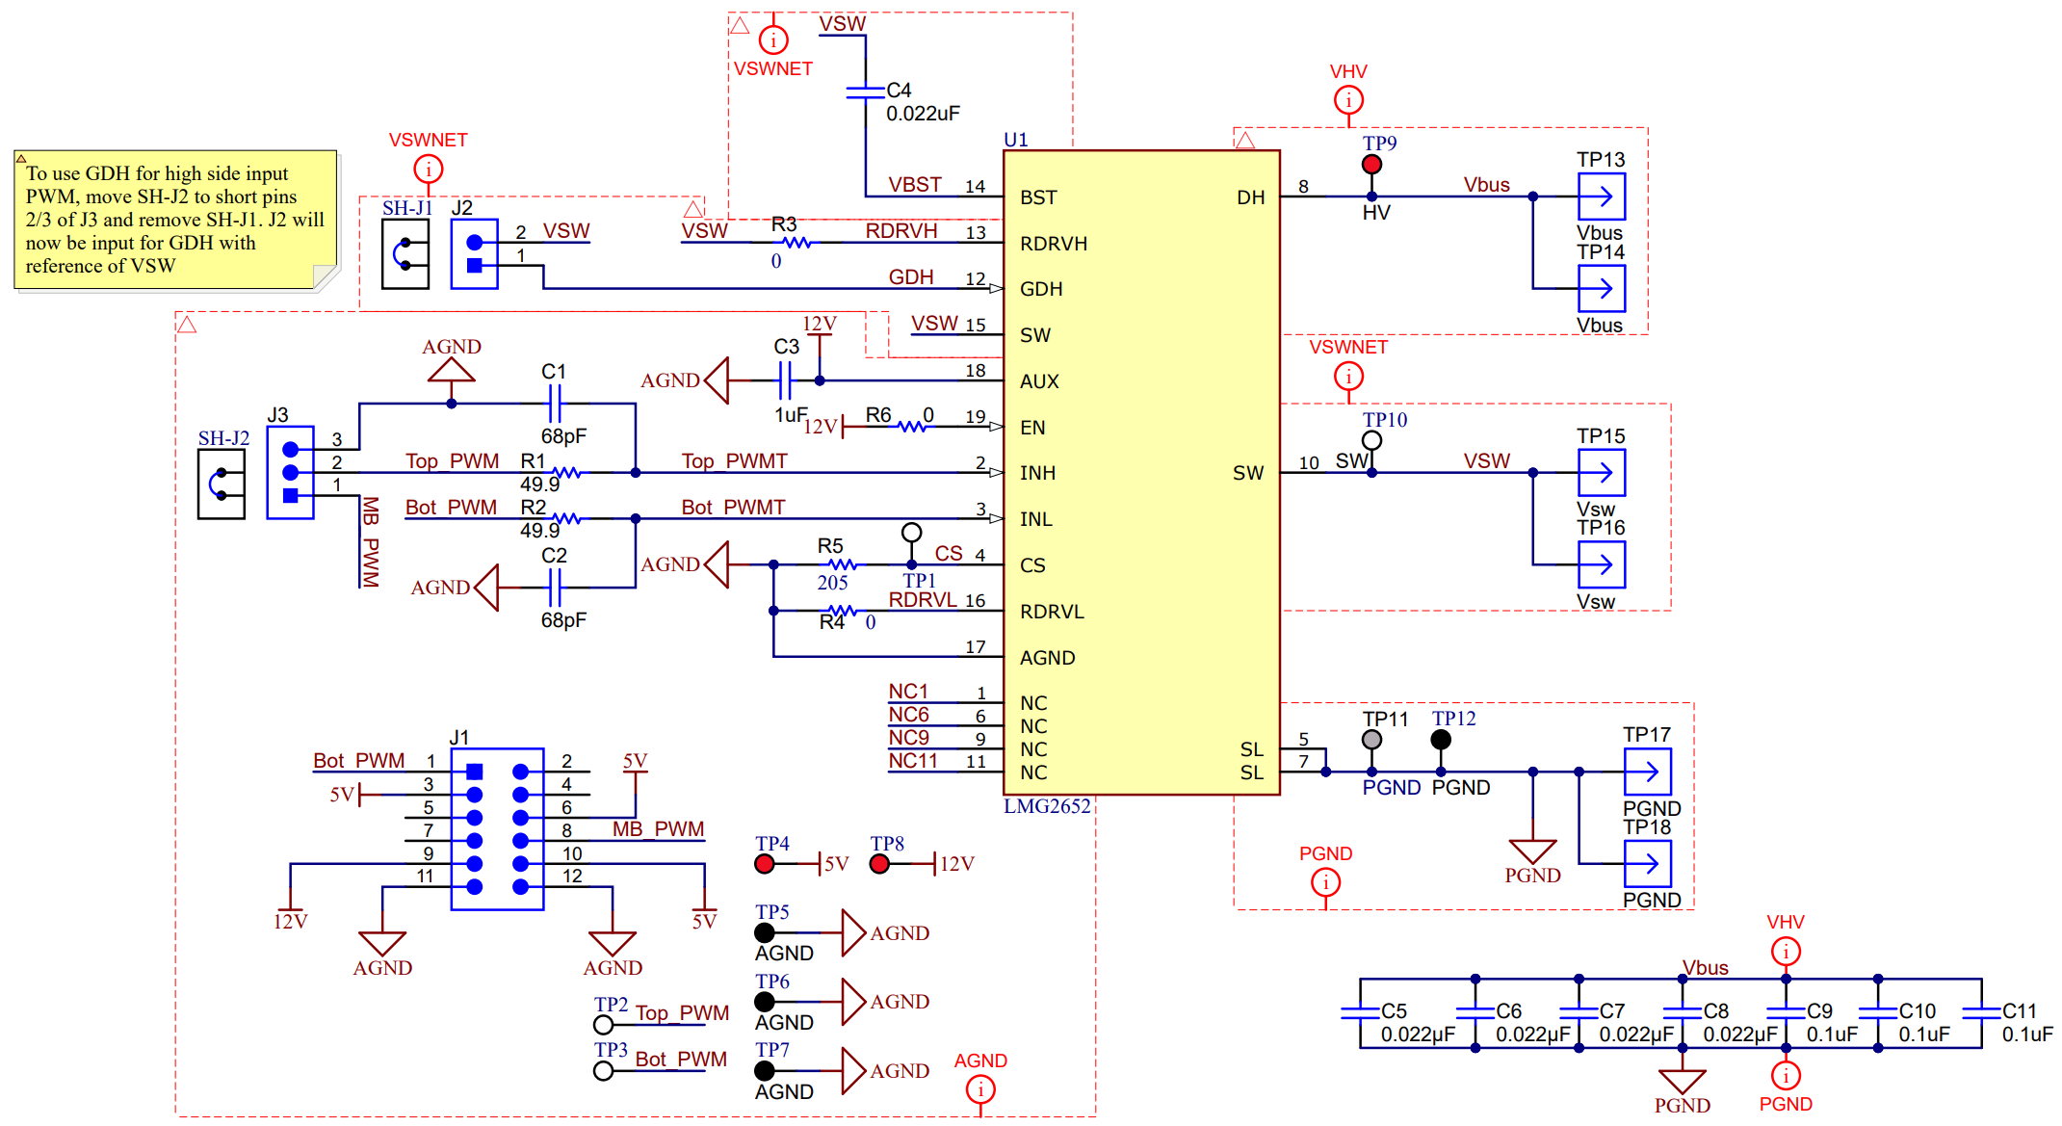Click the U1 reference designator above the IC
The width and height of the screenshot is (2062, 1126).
(x=1015, y=140)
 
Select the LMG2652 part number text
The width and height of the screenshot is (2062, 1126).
(x=1047, y=806)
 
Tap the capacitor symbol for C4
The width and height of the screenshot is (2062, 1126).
(x=865, y=92)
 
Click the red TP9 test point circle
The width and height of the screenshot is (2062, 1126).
(x=1371, y=165)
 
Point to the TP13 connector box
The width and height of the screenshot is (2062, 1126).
(x=1601, y=196)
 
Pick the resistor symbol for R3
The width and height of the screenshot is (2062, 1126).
(x=797, y=243)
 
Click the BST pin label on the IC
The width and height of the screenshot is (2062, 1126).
(x=1038, y=197)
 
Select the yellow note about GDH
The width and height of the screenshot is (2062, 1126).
(x=175, y=220)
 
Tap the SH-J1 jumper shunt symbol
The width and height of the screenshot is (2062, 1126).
(x=405, y=254)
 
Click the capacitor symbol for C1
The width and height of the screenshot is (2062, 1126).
(x=554, y=404)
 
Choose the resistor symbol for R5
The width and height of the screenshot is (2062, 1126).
(x=842, y=564)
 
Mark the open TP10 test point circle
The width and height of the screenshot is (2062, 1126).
(x=1371, y=440)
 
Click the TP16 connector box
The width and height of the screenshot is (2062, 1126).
(x=1601, y=564)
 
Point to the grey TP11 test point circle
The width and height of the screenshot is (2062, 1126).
(x=1371, y=740)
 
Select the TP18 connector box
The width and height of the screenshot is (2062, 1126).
(x=1647, y=864)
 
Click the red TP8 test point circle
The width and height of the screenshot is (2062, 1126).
(x=879, y=864)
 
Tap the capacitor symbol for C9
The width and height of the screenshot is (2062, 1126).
(x=1786, y=1012)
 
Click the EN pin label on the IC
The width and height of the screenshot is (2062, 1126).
(x=1032, y=428)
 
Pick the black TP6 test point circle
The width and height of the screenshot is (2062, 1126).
(x=765, y=1002)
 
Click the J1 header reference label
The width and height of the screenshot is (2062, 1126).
(x=459, y=738)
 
